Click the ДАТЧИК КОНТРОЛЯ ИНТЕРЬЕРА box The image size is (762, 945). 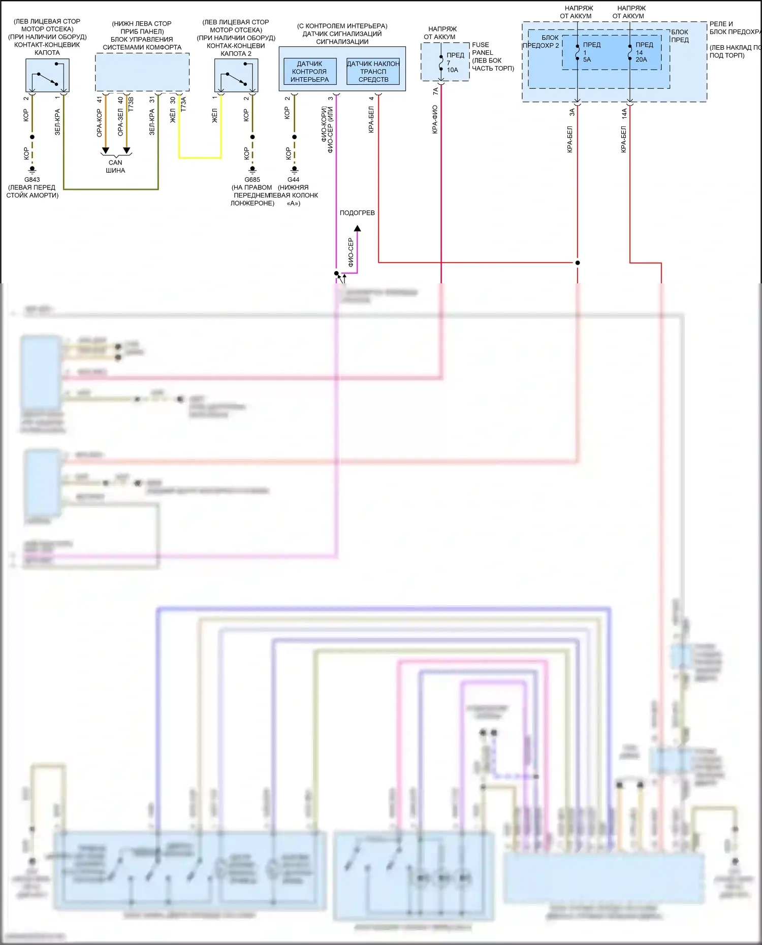pyautogui.click(x=309, y=72)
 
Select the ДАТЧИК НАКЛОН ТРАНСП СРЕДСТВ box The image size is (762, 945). pyautogui.click(x=373, y=72)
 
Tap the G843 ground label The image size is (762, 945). pyautogui.click(x=32, y=180)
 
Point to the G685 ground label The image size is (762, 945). pyautogui.click(x=252, y=180)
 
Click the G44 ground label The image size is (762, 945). pyautogui.click(x=294, y=180)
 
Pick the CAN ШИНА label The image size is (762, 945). pyautogui.click(x=115, y=167)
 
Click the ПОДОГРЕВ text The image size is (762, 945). pyautogui.click(x=357, y=213)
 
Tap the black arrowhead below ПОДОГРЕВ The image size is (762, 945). pyautogui.click(x=358, y=229)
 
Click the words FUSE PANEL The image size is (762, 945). pyautogui.click(x=481, y=49)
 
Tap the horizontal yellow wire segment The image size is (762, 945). pyautogui.click(x=200, y=158)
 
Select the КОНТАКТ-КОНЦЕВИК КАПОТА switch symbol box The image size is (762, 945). pyautogui.click(x=47, y=75)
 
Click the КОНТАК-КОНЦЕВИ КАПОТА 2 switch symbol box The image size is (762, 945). pyautogui.click(x=236, y=75)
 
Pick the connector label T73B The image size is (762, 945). pyautogui.click(x=131, y=104)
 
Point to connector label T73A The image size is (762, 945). pyautogui.click(x=183, y=104)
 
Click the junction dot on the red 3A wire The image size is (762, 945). pyautogui.click(x=578, y=263)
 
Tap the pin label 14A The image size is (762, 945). pyautogui.click(x=624, y=114)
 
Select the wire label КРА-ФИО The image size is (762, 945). pyautogui.click(x=435, y=120)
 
